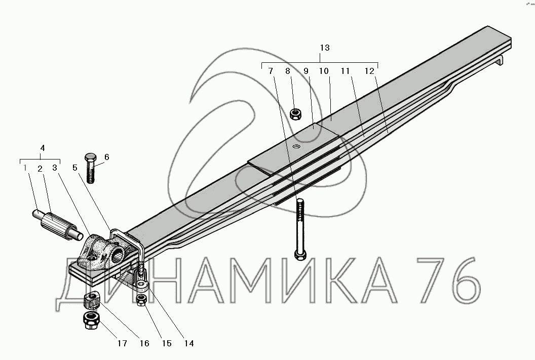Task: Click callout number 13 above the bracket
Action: pyautogui.click(x=325, y=48)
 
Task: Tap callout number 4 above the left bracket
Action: pyautogui.click(x=43, y=148)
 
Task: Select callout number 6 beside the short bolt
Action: pyautogui.click(x=107, y=157)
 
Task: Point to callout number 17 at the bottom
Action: pyautogui.click(x=122, y=343)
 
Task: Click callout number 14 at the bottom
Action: pyautogui.click(x=188, y=343)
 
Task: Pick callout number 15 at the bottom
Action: pyautogui.click(x=167, y=343)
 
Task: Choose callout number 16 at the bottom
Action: pyautogui.click(x=144, y=343)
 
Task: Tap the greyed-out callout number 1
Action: pyautogui.click(x=25, y=168)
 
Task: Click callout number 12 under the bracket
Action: pyautogui.click(x=369, y=71)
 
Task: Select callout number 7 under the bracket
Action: pyautogui.click(x=271, y=71)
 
